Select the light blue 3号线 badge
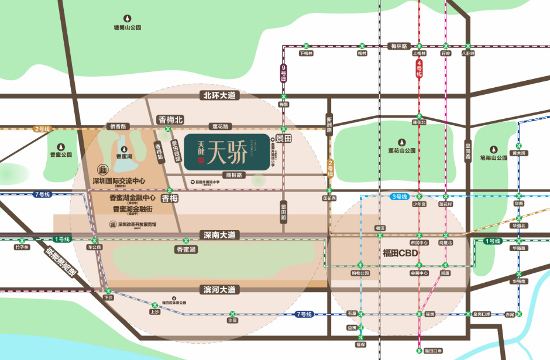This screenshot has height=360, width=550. tap(400, 197)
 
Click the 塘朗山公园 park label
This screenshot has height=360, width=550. tap(128, 28)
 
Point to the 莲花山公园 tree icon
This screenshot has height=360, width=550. tap(401, 142)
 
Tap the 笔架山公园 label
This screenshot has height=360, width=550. tap(492, 157)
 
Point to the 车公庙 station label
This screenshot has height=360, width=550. tap(94, 248)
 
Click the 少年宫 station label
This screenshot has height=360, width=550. tap(418, 204)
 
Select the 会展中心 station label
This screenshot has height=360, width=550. tap(420, 273)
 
